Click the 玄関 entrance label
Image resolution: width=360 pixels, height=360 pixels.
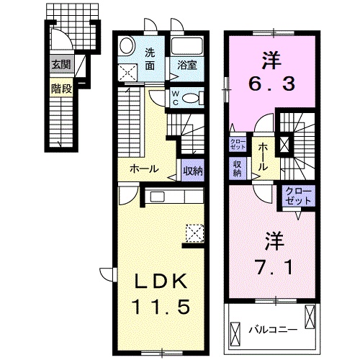click(x=61, y=65)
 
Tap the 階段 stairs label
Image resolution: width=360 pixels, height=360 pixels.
click(x=61, y=89)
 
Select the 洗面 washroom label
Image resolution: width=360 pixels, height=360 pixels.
click(x=150, y=59)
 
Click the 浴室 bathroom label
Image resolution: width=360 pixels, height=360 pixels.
click(x=187, y=65)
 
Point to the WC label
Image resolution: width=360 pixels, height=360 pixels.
click(x=176, y=99)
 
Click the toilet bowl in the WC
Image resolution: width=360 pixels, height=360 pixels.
click(x=191, y=99)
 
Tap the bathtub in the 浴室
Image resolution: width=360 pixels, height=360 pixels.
click(x=187, y=45)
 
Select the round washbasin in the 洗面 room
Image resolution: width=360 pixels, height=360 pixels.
click(x=126, y=46)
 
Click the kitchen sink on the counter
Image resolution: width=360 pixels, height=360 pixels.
click(x=157, y=197)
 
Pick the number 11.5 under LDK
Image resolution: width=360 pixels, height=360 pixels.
click(x=161, y=306)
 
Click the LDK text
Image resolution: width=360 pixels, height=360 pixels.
click(x=161, y=282)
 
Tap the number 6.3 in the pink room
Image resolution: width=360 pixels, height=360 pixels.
click(x=271, y=83)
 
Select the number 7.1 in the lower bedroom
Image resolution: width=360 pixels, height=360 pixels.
click(x=275, y=266)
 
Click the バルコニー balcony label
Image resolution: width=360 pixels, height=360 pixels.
click(x=273, y=329)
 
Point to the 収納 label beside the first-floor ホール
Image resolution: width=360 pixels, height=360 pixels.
click(x=193, y=171)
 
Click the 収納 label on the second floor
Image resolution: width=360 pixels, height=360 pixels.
click(x=237, y=168)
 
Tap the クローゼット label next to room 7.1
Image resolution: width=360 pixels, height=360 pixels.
click(x=299, y=196)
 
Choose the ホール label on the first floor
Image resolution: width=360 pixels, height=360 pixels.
click(x=144, y=169)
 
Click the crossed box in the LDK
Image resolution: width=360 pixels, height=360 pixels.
click(x=194, y=233)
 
